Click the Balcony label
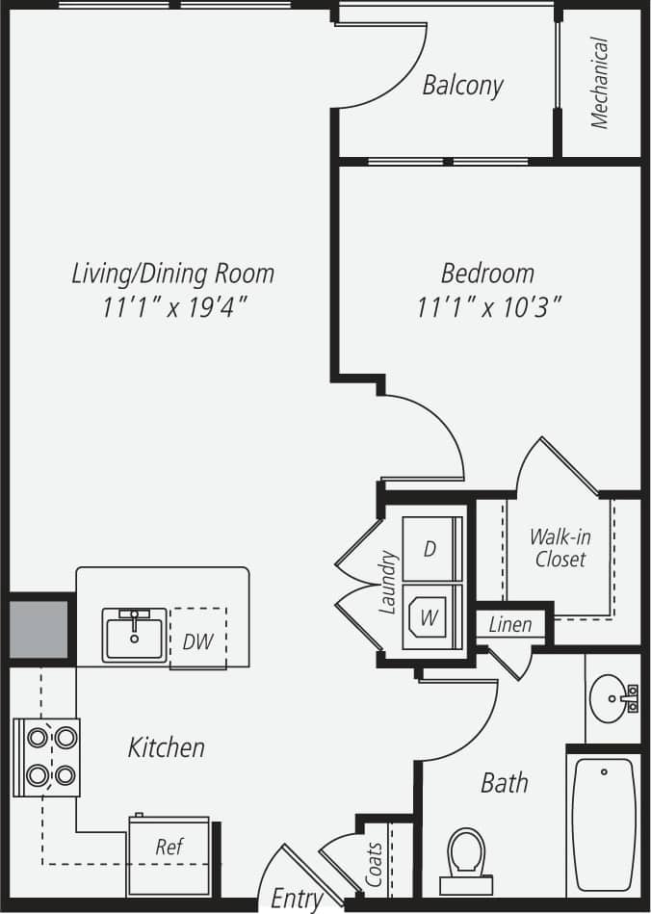click(462, 86)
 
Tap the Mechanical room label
click(600, 83)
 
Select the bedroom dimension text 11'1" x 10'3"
click(489, 308)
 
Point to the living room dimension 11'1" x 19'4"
click(173, 308)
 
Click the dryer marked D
click(430, 548)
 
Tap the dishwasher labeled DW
click(197, 640)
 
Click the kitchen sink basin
click(135, 638)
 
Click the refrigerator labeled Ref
click(169, 848)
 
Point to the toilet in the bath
click(466, 858)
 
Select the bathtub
click(604, 823)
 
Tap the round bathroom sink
click(609, 692)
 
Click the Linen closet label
click(509, 625)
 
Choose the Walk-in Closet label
click(560, 547)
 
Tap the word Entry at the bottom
click(296, 899)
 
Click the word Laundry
click(388, 583)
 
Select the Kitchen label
click(166, 746)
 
